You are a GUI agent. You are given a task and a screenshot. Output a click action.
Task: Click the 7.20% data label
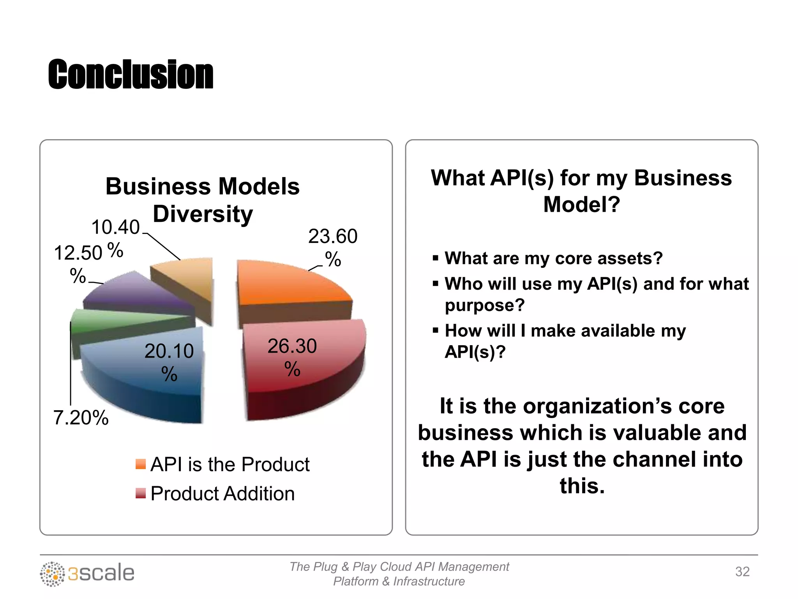point(81,418)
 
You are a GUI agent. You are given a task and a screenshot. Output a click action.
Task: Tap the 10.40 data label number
point(115,227)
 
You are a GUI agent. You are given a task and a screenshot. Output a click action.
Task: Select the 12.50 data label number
point(78,253)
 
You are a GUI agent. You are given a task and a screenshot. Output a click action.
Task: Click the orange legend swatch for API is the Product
point(140,464)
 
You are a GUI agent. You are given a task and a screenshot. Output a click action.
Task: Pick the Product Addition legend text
point(222,493)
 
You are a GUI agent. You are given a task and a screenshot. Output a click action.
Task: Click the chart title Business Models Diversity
point(203,200)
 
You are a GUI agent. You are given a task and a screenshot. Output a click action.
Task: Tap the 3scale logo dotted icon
point(52,574)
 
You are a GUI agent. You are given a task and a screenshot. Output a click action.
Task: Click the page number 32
point(742,572)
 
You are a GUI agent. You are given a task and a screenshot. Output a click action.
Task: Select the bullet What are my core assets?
point(553,258)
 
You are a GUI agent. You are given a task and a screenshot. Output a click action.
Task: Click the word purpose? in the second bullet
point(485,305)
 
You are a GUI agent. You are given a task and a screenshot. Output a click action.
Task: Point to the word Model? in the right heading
point(581,204)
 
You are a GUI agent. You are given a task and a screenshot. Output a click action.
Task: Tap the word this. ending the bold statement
point(582,486)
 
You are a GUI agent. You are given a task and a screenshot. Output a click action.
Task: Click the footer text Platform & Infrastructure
point(399,581)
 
